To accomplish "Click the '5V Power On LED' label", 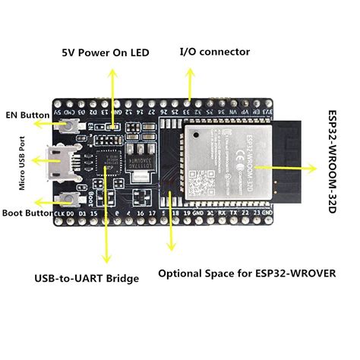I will click(x=105, y=53).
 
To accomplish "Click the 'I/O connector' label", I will click(x=214, y=52).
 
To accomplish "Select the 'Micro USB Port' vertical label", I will click(x=23, y=165).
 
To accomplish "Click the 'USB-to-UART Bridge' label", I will click(x=88, y=278).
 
